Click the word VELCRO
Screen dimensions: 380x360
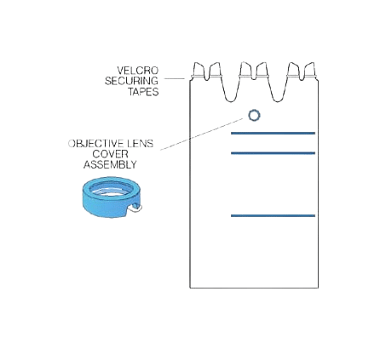138,71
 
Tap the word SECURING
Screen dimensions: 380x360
131,81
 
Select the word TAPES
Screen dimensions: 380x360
143,92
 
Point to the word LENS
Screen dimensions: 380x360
140,144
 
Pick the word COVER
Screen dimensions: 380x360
110,154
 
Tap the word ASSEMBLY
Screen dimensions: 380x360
110,164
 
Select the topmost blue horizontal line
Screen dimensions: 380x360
273,133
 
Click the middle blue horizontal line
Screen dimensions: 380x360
273,153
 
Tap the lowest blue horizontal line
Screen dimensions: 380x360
273,215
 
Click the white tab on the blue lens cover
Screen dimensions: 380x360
135,209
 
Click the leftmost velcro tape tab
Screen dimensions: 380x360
199,70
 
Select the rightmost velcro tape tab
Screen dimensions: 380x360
310,70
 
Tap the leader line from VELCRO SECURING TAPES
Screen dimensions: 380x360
175,78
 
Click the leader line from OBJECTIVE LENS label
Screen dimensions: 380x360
202,134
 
